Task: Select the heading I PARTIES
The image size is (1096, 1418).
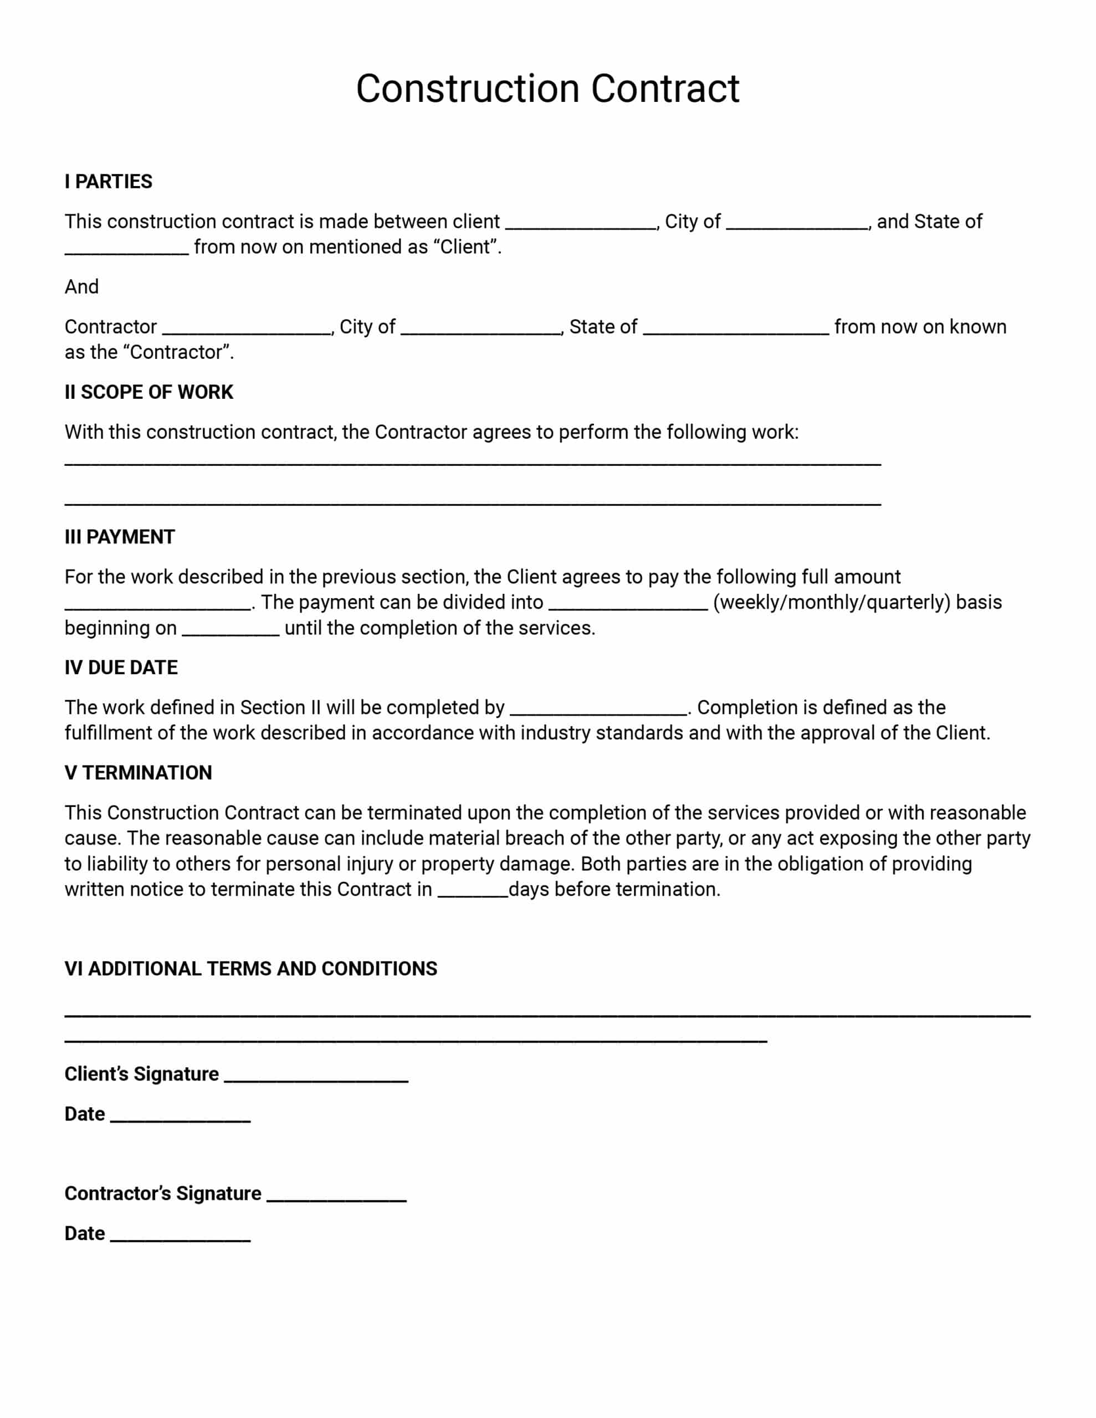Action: click(108, 182)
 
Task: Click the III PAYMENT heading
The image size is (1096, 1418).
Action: click(120, 537)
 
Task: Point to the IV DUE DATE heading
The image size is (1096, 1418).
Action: click(121, 667)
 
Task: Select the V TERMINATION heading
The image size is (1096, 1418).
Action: click(138, 773)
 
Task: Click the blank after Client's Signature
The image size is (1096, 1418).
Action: click(316, 1075)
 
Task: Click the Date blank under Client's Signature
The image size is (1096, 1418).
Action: click(180, 1115)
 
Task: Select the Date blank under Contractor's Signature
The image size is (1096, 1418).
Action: click(180, 1234)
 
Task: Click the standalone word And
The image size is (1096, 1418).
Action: click(81, 287)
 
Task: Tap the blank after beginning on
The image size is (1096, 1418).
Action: click(231, 629)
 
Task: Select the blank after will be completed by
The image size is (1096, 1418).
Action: click(598, 708)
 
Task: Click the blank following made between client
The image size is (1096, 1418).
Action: click(580, 223)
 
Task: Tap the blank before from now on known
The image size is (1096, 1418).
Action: click(735, 328)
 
